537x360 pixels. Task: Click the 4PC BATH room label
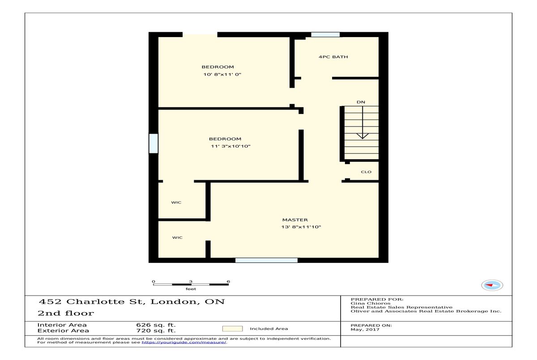click(x=333, y=57)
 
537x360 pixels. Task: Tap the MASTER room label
click(x=295, y=220)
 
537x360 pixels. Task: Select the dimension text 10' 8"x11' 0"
click(x=222, y=74)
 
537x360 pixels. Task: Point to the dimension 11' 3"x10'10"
click(x=230, y=146)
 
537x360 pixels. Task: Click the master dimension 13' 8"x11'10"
click(x=301, y=227)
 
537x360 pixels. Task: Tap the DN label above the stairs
click(x=361, y=102)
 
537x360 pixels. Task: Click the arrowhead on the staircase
click(x=362, y=136)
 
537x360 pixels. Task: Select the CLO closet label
click(x=366, y=172)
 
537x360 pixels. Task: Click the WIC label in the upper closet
click(x=176, y=203)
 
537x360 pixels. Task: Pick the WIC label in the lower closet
click(x=177, y=237)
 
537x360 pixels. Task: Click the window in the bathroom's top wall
click(x=325, y=34)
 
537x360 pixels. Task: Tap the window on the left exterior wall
click(x=153, y=143)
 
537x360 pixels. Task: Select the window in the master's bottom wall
click(x=266, y=260)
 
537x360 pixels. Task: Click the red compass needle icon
click(x=489, y=285)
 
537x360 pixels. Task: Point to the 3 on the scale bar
click(x=191, y=281)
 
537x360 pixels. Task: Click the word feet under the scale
click(x=191, y=289)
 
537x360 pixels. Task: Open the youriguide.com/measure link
click(x=184, y=342)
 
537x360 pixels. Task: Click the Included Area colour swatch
click(x=232, y=329)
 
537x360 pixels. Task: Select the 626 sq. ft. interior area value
click(x=156, y=325)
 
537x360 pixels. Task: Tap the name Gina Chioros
click(x=371, y=303)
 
